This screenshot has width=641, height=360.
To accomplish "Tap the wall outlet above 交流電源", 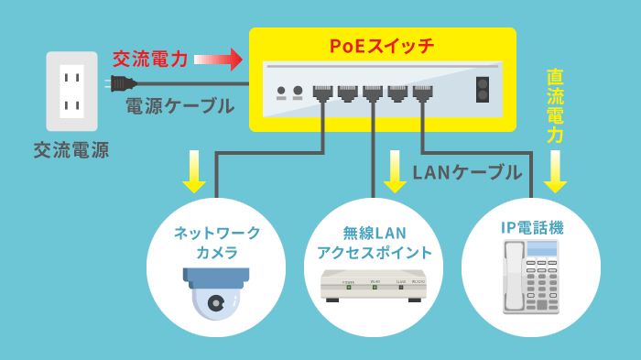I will point(71,91).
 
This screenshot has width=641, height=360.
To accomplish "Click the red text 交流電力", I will point(150,60).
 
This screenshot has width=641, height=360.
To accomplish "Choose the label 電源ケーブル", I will point(179,106).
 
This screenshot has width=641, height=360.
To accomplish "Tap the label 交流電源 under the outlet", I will point(71,149).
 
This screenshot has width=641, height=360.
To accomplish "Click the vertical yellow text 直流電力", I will point(555,105).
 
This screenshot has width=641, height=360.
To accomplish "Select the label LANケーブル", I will point(467,171).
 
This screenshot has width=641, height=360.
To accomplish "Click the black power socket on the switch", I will point(482,91).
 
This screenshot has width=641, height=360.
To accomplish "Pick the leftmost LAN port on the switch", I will point(322,92).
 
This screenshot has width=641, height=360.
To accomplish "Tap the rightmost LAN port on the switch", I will point(421,92).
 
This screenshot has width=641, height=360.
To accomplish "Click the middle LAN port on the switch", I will point(372,92).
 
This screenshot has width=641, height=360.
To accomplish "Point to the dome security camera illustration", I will point(215,291).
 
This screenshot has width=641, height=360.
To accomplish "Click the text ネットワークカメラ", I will point(217,242).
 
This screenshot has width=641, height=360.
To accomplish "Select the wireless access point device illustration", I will point(375,287).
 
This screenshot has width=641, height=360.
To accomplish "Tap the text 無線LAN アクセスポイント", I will point(375,243).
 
